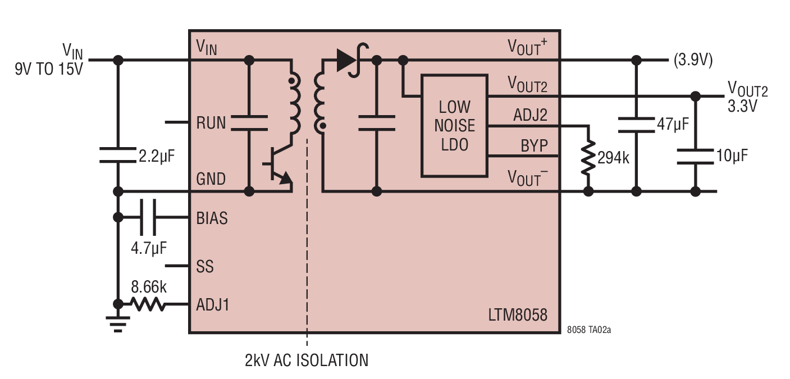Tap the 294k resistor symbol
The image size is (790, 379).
click(588, 157)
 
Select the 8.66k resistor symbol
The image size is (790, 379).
click(148, 304)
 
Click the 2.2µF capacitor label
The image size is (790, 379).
click(157, 156)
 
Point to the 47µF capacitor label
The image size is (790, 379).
click(673, 124)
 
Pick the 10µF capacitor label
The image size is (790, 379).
click(732, 156)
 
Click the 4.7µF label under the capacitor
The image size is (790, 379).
click(149, 248)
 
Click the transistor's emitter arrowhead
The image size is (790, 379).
click(286, 179)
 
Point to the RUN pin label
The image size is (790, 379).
click(211, 123)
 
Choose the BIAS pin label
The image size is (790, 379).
click(212, 218)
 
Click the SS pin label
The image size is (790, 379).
click(205, 267)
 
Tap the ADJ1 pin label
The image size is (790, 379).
click(213, 305)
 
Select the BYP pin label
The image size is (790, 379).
click(535, 145)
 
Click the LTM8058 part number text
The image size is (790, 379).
click(518, 315)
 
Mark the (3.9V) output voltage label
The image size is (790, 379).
click(693, 60)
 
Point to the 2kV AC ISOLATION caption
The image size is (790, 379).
click(307, 360)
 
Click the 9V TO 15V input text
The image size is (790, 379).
click(49, 69)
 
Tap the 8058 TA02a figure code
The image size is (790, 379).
click(589, 330)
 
